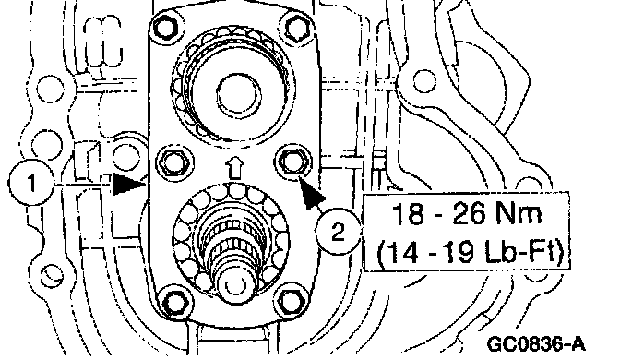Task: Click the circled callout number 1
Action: (x=30, y=184)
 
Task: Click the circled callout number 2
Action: (x=338, y=232)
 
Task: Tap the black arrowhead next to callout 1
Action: (x=127, y=185)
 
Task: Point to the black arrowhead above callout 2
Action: (x=312, y=194)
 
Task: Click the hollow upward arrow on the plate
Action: (x=235, y=167)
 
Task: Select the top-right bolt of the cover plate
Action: (x=297, y=29)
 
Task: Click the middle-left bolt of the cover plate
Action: (x=175, y=163)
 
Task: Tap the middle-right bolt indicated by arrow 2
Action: (x=292, y=162)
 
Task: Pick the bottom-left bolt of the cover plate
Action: (x=174, y=302)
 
